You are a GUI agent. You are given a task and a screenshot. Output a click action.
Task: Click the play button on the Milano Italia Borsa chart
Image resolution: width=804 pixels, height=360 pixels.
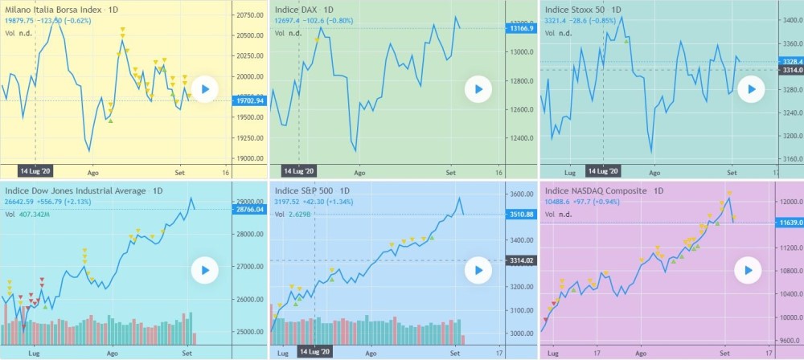tap(205, 89)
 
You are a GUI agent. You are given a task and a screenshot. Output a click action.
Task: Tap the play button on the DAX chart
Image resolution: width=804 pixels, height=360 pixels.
tap(478, 89)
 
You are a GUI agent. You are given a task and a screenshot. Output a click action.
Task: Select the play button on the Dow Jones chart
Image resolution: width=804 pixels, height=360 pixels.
tap(205, 270)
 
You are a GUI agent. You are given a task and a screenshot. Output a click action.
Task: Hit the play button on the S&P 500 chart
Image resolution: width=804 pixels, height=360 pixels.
tap(478, 270)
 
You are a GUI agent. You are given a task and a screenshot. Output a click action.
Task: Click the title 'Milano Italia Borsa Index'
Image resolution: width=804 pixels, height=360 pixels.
tap(55, 10)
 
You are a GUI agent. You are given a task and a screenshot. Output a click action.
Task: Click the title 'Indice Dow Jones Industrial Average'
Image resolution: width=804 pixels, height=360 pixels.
tap(76, 191)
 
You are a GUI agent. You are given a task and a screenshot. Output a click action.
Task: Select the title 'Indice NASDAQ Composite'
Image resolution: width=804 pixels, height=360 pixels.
tap(596, 191)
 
